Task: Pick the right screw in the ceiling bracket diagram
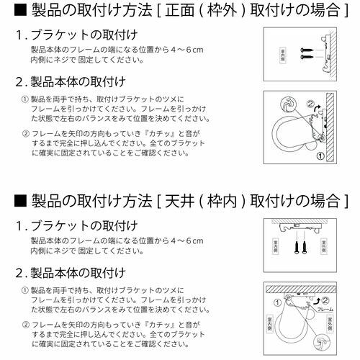tap(310, 249)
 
